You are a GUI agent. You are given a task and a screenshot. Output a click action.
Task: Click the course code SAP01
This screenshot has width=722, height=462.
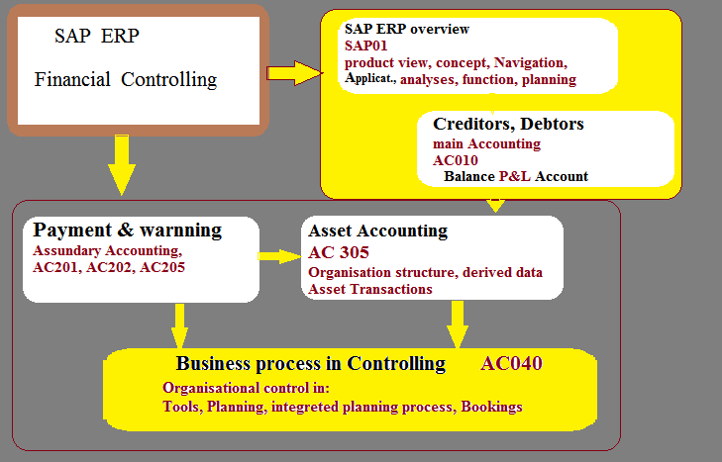pos(366,46)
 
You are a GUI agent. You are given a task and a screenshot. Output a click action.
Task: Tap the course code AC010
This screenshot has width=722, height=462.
pos(456,160)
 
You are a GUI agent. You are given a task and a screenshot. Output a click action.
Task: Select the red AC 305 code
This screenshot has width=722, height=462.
pos(339,252)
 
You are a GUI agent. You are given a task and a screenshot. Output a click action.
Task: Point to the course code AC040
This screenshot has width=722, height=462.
pos(511,363)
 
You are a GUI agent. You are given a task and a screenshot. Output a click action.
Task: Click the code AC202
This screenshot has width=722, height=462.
pos(111,267)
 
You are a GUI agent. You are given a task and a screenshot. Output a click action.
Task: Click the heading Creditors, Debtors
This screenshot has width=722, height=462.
pos(508,124)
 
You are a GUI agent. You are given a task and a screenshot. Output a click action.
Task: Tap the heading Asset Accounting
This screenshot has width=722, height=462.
pos(377,231)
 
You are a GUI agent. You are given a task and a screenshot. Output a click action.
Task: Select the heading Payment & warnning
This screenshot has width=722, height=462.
pos(127,230)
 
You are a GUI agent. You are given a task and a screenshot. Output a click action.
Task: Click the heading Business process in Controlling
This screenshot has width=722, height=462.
pos(311,363)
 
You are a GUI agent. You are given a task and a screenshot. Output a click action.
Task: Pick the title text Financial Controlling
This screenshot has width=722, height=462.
pos(126,79)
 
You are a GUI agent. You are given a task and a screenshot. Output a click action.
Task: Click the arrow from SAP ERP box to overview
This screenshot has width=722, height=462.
pos(295,72)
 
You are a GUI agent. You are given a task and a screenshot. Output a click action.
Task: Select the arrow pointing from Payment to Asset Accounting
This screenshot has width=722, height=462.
pos(279,256)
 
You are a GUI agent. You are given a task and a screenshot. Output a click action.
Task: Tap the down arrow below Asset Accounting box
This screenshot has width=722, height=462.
pos(458,324)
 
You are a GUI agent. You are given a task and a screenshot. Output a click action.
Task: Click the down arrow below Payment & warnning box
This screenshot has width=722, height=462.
pos(179,325)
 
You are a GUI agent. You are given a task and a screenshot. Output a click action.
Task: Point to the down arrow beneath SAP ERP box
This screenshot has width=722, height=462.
pos(122,165)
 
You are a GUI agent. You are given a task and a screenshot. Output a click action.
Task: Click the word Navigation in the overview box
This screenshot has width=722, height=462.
pos(531,62)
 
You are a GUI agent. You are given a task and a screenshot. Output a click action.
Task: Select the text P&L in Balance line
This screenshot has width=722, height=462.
pos(515,176)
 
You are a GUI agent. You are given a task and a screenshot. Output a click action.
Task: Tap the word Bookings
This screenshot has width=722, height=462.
pos(491,407)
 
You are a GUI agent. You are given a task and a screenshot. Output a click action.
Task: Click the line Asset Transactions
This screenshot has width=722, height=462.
pos(370,289)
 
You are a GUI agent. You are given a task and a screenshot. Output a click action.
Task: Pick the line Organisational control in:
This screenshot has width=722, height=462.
pos(246,388)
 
